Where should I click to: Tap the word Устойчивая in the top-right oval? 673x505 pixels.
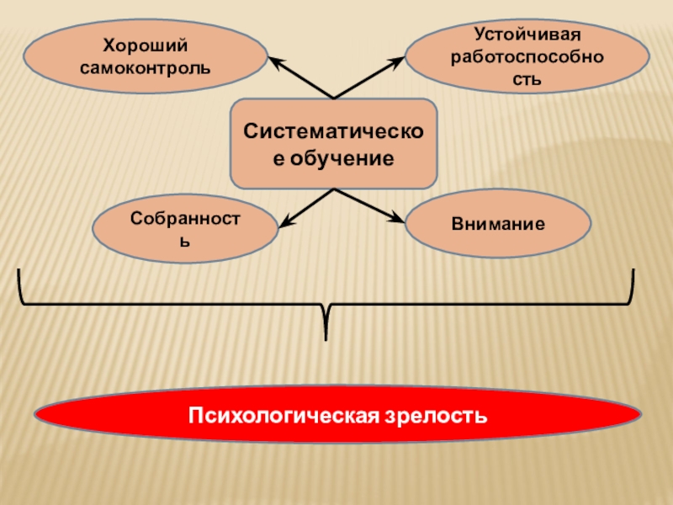point(527,35)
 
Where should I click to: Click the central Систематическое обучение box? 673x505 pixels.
point(335,144)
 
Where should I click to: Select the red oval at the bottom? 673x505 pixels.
point(336,416)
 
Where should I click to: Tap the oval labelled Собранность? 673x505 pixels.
point(185,229)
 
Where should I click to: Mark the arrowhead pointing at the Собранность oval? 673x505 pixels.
point(284,223)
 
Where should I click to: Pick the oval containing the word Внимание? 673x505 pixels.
point(498,225)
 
